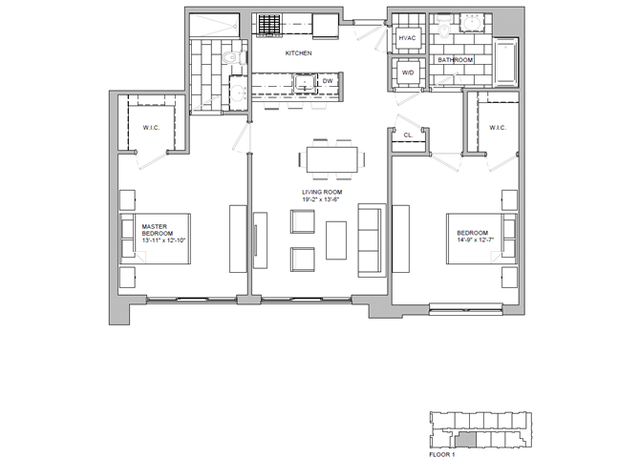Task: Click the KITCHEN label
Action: (299, 53)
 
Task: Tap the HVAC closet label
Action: (407, 37)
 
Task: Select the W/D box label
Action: (407, 72)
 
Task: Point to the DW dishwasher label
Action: (327, 82)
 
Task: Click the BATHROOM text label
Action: (456, 60)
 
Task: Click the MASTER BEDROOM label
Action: (157, 231)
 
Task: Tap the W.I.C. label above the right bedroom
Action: (497, 128)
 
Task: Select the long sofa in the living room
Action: (370, 239)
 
